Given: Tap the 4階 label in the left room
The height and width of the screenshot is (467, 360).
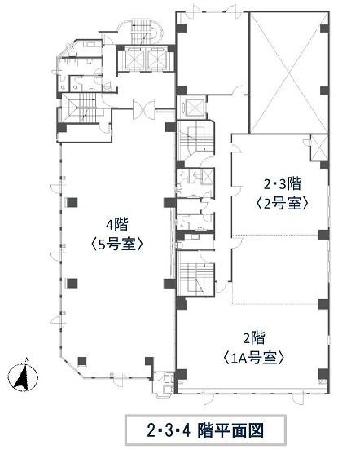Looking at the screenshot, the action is pos(117,225).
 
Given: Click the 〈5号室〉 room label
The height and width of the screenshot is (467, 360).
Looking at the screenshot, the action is pos(117,245).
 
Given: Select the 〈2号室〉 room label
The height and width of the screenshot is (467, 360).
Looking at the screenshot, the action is pos(282,204).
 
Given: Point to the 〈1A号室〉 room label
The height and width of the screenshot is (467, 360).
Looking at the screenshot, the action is pos(253,358).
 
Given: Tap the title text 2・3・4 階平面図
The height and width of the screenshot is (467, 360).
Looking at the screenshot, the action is pos(205,430).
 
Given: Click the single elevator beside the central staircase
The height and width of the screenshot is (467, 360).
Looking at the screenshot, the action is pos(194,106).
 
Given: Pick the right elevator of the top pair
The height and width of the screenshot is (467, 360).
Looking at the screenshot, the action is pos(157,58).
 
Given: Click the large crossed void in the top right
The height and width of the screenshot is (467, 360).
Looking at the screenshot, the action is pos(288,72).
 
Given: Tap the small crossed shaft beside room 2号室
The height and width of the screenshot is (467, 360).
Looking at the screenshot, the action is pos(318,148).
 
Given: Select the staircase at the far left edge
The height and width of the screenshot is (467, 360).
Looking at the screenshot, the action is pos(78,108).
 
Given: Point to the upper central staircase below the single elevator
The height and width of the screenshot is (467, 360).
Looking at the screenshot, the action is pos(195,140).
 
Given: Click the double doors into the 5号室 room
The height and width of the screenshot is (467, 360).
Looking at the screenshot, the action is pos(143,109).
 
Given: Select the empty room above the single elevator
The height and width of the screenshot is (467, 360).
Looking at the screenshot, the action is pos(212,53).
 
